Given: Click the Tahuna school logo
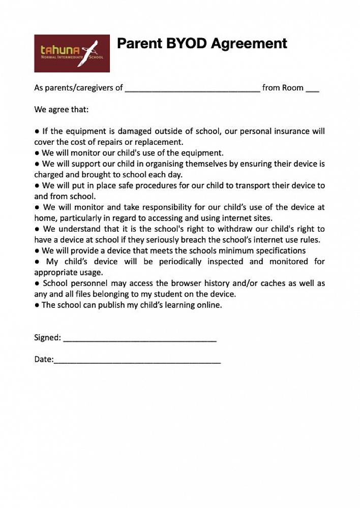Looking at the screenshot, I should pos(72,53).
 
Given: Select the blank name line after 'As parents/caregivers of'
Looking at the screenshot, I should pos(192,88).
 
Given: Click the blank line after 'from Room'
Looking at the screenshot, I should pos(313,88).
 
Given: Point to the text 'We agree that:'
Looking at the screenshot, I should pos(61,109).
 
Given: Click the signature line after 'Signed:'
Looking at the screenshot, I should pos(140,338).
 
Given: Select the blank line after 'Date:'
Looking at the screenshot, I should pos(137,360).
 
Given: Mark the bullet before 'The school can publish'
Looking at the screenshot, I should pos(37,305).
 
